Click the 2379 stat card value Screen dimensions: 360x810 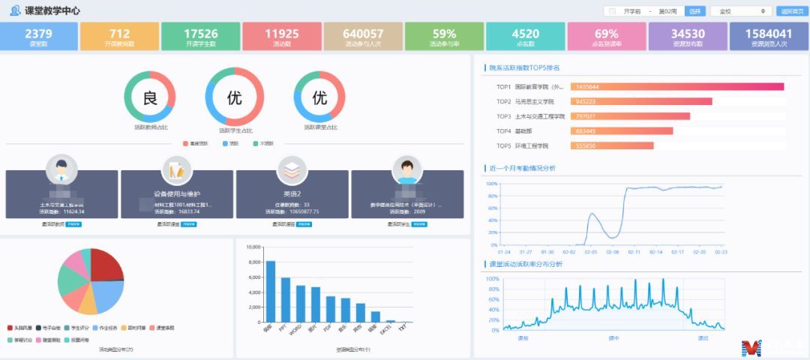tap(39, 34)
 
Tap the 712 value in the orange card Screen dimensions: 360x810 tap(119, 34)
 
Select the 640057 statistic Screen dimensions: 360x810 tap(363, 34)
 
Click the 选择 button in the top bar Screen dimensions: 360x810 tap(694, 11)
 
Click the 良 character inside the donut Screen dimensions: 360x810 tap(150, 98)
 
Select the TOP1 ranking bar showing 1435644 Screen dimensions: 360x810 tap(687, 87)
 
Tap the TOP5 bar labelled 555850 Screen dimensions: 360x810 tap(622, 145)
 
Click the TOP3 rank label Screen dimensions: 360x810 tap(503, 116)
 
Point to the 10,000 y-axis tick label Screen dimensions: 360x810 tap(252, 247)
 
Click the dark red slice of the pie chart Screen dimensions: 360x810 tap(106, 264)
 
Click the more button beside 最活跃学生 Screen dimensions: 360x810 tap(421, 223)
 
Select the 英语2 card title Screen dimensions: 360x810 tap(293, 193)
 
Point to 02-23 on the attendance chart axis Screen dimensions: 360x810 tap(721, 252)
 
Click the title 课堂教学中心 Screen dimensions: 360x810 tap(52, 11)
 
